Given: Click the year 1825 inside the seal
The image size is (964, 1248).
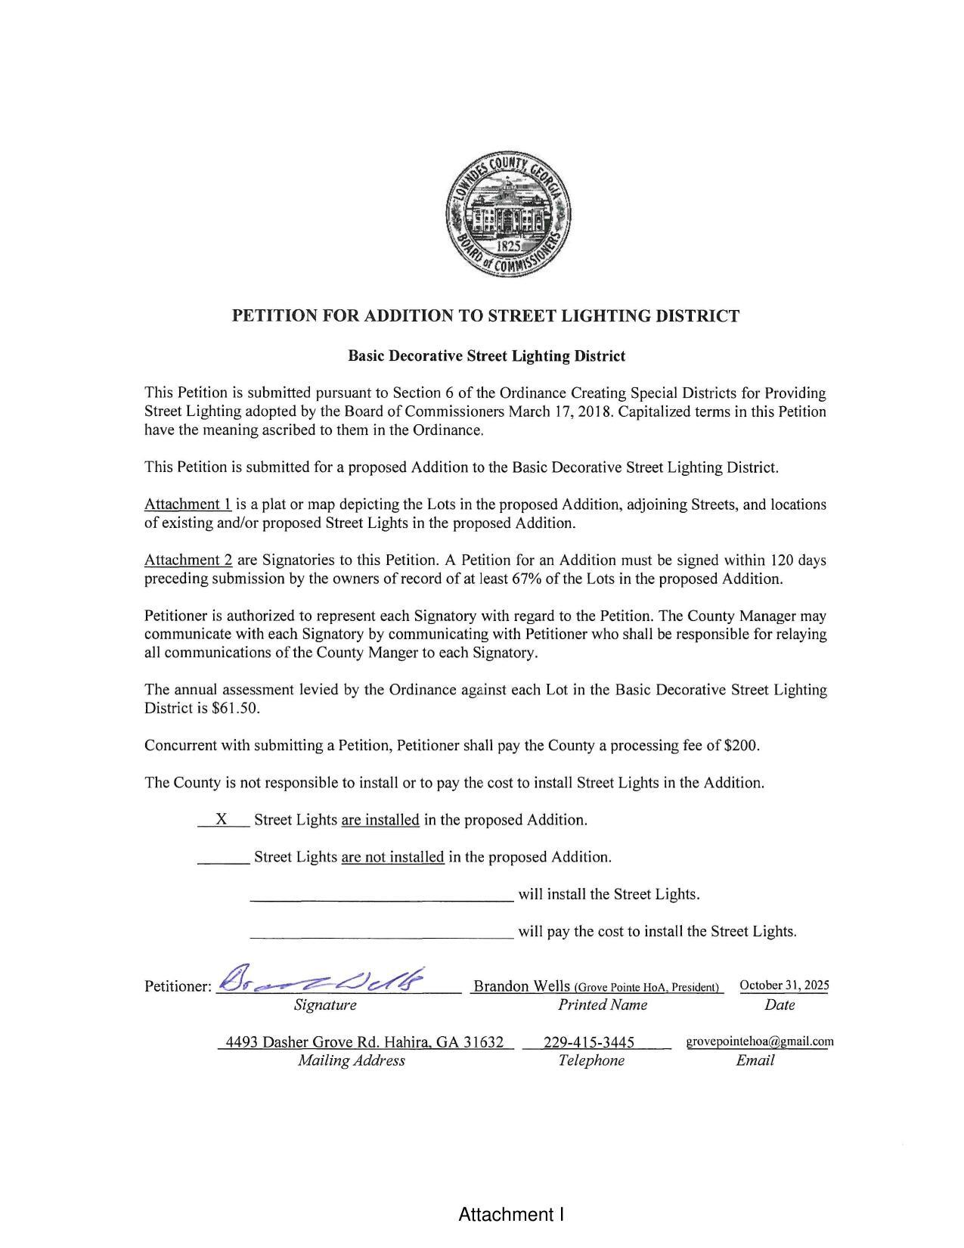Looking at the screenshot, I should pyautogui.click(x=508, y=246).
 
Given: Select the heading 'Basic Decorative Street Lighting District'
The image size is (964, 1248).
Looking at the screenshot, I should pyautogui.click(x=486, y=355).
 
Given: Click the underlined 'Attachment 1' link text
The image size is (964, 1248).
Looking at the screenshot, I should pyautogui.click(x=188, y=504).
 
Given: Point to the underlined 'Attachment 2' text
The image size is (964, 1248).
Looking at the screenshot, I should pyautogui.click(x=188, y=560).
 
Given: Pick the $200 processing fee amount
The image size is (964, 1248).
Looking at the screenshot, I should pyautogui.click(x=740, y=746).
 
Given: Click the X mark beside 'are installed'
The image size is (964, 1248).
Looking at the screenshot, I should pyautogui.click(x=222, y=819).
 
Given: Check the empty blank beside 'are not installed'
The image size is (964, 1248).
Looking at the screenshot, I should pyautogui.click(x=223, y=857).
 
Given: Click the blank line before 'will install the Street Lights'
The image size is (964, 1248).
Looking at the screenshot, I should pyautogui.click(x=381, y=895).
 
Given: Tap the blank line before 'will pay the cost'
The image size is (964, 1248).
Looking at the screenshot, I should pyautogui.click(x=381, y=932).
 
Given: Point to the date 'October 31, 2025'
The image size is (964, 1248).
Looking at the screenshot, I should pyautogui.click(x=784, y=985).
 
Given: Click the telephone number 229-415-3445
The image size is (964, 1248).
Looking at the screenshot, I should pyautogui.click(x=589, y=1042).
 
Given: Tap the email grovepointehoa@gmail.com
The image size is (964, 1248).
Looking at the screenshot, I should pyautogui.click(x=760, y=1042).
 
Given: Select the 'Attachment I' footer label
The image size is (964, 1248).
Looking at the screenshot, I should pyautogui.click(x=511, y=1215).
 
